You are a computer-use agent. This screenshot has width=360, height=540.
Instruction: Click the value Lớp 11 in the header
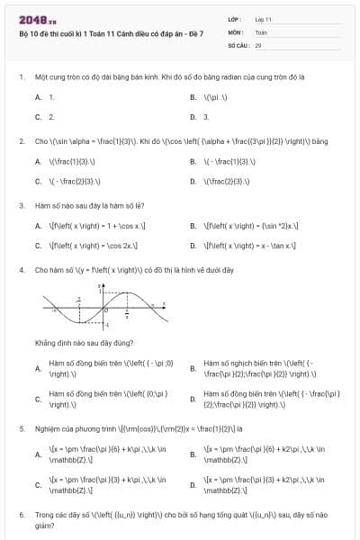[265, 19]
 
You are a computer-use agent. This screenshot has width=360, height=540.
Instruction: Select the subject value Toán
[262, 31]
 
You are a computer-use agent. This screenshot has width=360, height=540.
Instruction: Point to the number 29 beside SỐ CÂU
[258, 43]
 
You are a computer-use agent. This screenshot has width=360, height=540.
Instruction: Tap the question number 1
[21, 77]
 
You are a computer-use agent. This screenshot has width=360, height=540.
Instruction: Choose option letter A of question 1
[39, 96]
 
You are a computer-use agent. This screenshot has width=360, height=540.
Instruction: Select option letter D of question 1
[193, 117]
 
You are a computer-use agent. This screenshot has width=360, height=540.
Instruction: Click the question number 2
[21, 141]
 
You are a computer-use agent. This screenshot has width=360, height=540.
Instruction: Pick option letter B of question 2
[193, 162]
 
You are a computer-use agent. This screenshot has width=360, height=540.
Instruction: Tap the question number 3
[21, 205]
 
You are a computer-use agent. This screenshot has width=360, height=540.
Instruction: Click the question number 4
[21, 269]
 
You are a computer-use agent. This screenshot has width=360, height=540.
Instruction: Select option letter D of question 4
[193, 399]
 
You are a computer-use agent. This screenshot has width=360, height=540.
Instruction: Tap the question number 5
[21, 428]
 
